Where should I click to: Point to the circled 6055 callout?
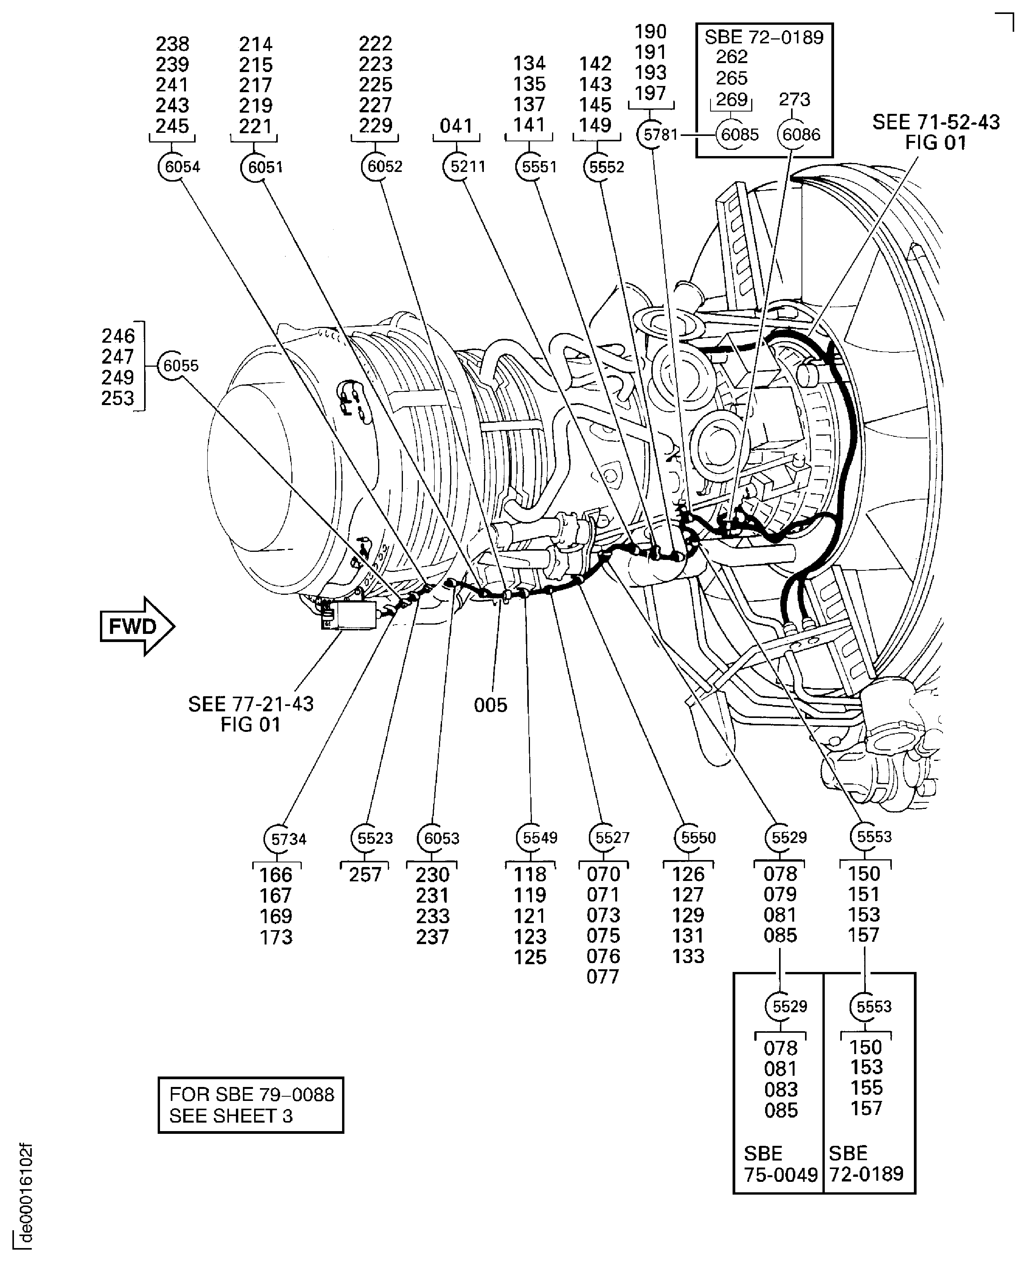pos(173,366)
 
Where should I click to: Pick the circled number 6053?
pos(433,838)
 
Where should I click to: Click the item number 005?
pos(490,705)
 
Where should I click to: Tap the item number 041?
pos(456,126)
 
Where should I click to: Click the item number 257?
pos(365,875)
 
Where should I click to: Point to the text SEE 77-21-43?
pos(251,704)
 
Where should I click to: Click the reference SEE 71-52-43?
pos(936,122)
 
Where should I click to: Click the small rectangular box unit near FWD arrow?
pos(349,615)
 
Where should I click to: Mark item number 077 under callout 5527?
pos(603,976)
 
